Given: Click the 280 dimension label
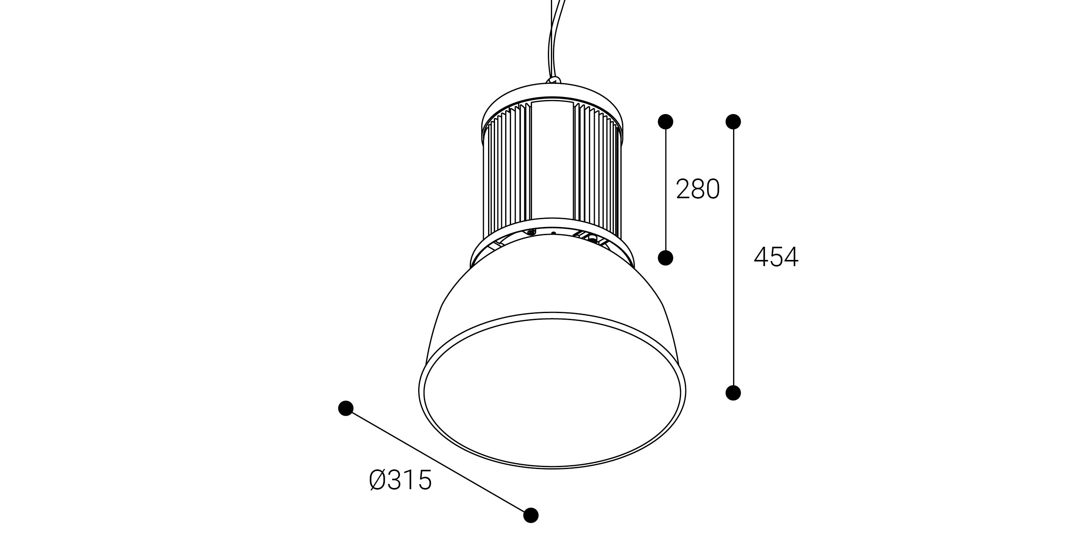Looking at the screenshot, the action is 698,189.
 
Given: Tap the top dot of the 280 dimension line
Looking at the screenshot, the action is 665,121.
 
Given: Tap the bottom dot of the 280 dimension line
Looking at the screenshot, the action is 665,258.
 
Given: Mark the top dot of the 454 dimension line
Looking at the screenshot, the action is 733,121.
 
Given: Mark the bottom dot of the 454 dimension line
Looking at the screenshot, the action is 733,393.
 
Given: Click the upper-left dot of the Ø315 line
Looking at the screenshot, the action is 346,408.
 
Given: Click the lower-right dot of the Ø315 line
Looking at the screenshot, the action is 531,515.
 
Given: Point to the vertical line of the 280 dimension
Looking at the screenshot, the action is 665,190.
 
